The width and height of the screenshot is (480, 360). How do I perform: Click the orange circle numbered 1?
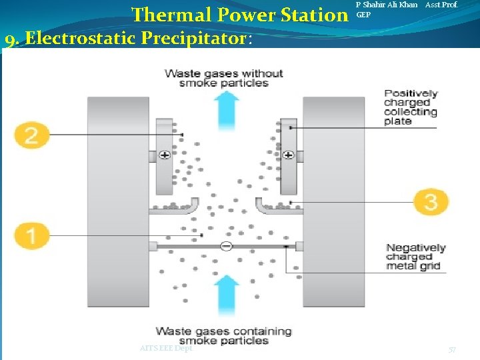click(x=32, y=235)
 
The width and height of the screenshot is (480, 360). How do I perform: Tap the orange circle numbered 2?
click(x=32, y=135)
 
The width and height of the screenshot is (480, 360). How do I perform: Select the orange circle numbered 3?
click(x=431, y=201)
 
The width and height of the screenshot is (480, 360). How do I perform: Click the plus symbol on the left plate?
click(x=165, y=155)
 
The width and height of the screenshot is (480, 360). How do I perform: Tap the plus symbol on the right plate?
click(x=288, y=155)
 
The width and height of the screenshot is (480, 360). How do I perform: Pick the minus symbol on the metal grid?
click(x=226, y=246)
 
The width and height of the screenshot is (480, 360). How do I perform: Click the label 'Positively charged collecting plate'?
click(x=411, y=107)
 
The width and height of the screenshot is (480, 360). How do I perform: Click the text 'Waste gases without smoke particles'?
click(x=224, y=78)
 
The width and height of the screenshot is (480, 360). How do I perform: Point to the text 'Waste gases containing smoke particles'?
click(x=224, y=335)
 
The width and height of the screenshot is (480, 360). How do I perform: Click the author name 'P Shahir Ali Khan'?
click(x=387, y=5)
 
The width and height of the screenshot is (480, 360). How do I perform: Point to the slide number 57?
click(x=452, y=350)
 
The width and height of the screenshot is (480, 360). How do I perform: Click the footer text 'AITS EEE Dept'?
click(x=166, y=348)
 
